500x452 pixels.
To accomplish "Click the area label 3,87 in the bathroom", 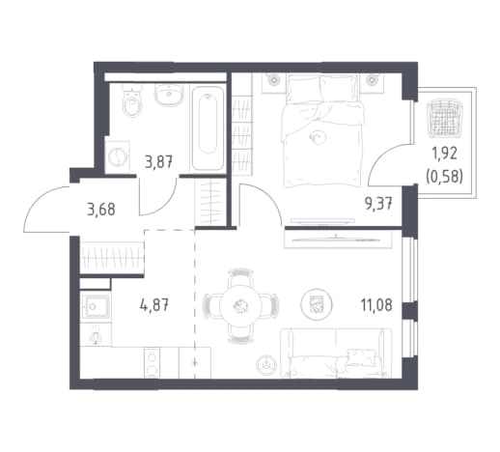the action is pyautogui.click(x=159, y=161).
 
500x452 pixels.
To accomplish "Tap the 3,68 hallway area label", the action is pyautogui.click(x=101, y=210).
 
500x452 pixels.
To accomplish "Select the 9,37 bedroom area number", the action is pyautogui.click(x=378, y=204).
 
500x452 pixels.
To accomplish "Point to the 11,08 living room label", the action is pyautogui.click(x=376, y=305).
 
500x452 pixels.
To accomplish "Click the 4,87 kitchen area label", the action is pyautogui.click(x=153, y=304).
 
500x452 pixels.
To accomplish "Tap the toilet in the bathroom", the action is pyautogui.click(x=132, y=100).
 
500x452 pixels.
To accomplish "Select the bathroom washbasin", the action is pyautogui.click(x=170, y=96).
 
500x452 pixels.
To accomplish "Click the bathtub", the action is pyautogui.click(x=208, y=127).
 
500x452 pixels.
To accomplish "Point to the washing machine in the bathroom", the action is pyautogui.click(x=117, y=157).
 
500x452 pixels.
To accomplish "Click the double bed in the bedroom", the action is pyautogui.click(x=321, y=130).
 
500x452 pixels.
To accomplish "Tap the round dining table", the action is pyautogui.click(x=240, y=305).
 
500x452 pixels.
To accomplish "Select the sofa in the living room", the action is pyautogui.click(x=336, y=353).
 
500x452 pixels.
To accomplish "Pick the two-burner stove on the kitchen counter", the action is pyautogui.click(x=152, y=362).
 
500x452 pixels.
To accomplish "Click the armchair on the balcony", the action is pyautogui.click(x=444, y=118).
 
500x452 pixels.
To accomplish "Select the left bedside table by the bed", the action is pyautogui.click(x=274, y=83).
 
